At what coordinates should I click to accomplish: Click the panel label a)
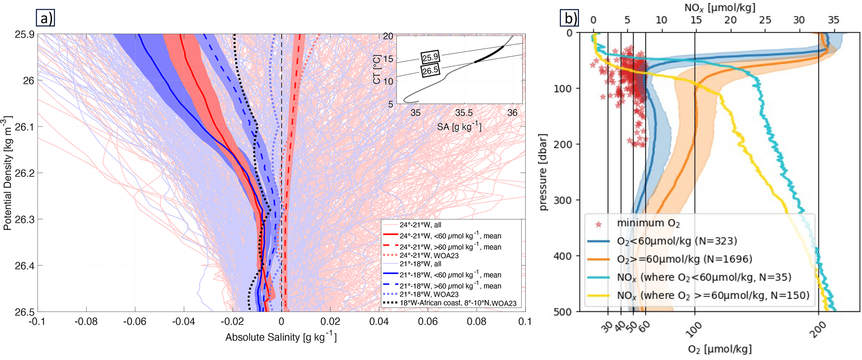point(45,19)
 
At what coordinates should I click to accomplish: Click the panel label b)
point(570,19)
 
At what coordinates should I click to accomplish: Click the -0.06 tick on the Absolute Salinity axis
point(135,322)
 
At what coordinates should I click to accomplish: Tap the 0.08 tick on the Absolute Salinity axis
point(476,322)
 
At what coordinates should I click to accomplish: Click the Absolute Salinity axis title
point(281,337)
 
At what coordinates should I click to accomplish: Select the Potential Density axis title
point(7,173)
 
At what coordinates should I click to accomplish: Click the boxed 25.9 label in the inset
point(430,57)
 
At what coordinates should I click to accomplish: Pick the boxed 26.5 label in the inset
point(430,70)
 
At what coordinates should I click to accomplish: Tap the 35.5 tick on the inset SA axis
point(464,113)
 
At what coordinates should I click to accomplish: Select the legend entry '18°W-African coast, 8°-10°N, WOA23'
point(458,303)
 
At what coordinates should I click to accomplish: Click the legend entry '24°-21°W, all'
point(420,225)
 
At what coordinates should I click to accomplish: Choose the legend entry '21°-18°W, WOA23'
point(429,295)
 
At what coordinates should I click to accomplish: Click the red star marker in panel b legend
point(599,224)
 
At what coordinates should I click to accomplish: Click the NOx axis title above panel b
point(714,8)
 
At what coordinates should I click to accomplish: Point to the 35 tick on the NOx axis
point(833,20)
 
